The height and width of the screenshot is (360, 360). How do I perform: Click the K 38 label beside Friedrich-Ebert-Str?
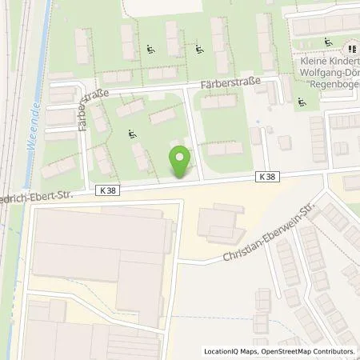pos(110,190)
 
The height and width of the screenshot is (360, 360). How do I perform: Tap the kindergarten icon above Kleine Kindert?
pos(328,42)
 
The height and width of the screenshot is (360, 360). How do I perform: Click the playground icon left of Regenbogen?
pos(302,102)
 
